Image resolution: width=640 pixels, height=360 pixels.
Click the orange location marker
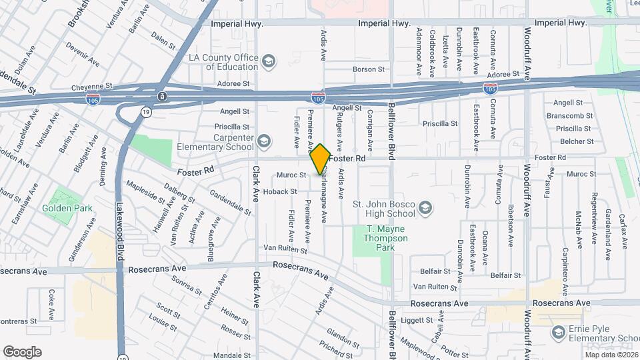[320, 159]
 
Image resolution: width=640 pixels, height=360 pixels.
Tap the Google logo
[22, 352]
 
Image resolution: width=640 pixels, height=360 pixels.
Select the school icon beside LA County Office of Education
[268, 62]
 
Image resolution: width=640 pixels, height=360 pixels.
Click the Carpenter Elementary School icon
[265, 141]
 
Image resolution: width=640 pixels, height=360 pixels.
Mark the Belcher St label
[577, 141]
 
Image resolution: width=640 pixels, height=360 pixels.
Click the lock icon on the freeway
[161, 96]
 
